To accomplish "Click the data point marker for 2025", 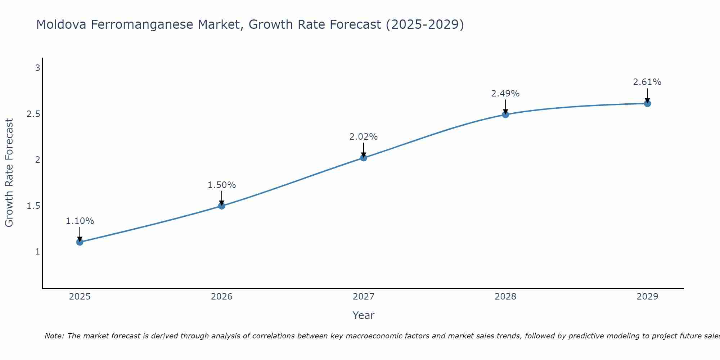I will coord(80,242).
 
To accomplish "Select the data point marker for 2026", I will coord(222,206).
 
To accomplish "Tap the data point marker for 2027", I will coord(364,158).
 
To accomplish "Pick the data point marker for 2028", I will coord(505,114).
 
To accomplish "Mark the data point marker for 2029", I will coord(647,104).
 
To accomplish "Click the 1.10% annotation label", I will coord(80,221).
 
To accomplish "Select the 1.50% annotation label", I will coord(222,185).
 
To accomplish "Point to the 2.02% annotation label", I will coord(364,137).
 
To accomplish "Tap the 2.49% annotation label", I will coord(505,94).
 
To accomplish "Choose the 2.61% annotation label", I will coord(647,82).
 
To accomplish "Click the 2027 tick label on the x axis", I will coord(364,297).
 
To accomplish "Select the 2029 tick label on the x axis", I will coord(647,297).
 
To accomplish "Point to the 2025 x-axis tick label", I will coord(80,297).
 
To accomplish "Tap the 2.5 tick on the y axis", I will coord(33,114).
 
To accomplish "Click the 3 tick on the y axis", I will coord(37,68).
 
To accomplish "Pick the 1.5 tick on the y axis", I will coord(33,206).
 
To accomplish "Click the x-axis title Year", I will coord(364,315).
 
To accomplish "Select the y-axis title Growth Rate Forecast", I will coord(9,173).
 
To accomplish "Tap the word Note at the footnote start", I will coord(54,336).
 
